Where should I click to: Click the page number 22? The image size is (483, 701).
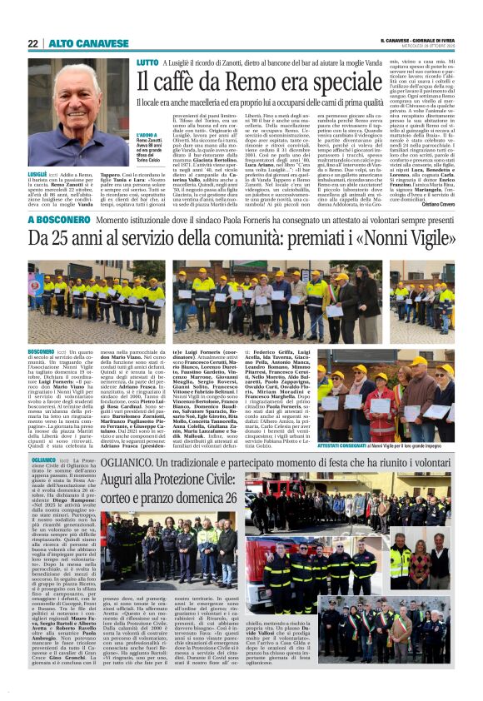click(32, 43)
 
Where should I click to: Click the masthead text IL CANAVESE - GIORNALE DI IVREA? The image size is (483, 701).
click(421, 41)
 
